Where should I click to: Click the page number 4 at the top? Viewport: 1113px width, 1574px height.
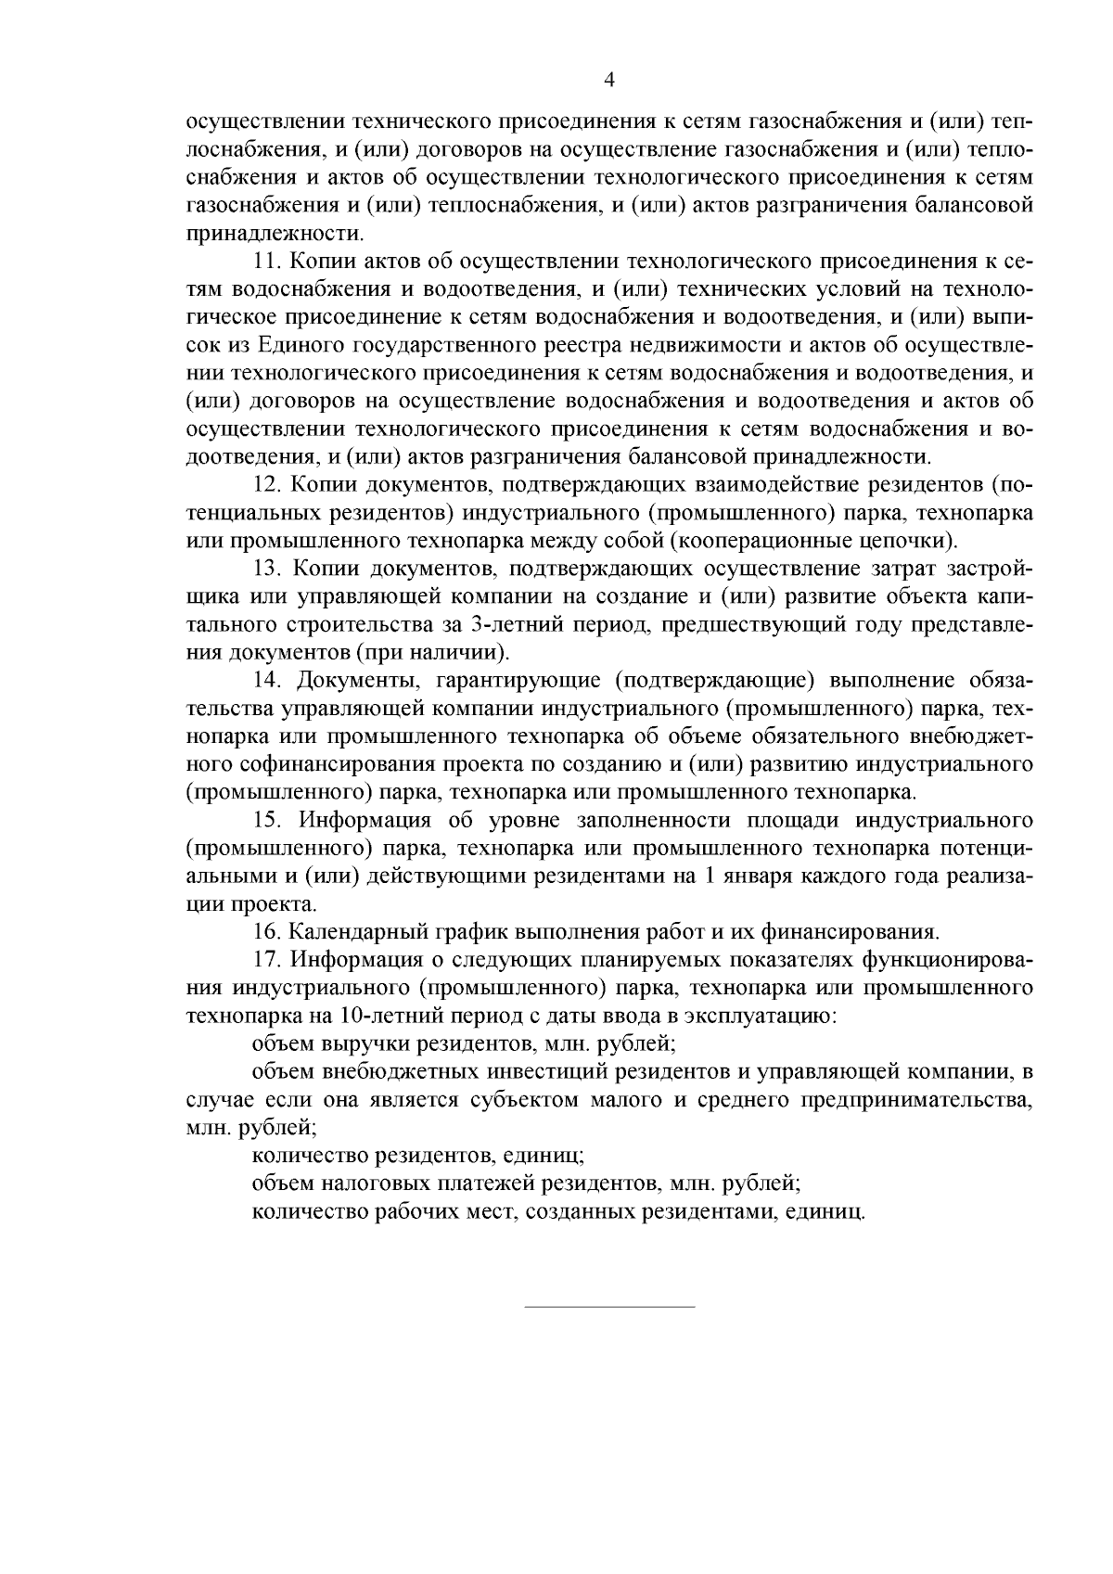[609, 80]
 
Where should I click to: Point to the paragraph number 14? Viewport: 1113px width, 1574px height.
[267, 680]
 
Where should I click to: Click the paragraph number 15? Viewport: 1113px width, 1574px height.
[267, 820]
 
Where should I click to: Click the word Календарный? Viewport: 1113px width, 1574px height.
[358, 931]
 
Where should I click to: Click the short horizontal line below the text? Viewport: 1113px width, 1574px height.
[609, 1307]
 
